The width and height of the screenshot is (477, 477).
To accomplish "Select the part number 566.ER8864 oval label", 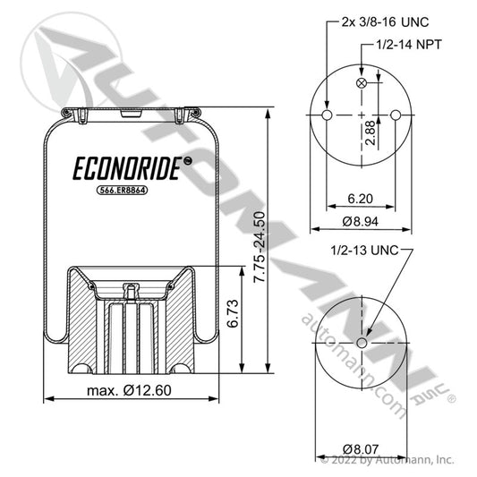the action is (123, 190).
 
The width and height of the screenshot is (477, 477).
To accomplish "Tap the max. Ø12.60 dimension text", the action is (129, 390).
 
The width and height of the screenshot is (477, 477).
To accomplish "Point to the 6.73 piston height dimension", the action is (233, 313).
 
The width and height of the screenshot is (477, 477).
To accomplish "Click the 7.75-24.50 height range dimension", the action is (260, 247).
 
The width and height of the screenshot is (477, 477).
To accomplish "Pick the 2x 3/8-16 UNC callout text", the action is (385, 21).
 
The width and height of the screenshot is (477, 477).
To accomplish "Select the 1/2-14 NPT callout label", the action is (409, 45).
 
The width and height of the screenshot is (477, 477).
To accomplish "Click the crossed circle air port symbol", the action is (362, 83).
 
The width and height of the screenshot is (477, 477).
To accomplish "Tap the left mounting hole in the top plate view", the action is (327, 115).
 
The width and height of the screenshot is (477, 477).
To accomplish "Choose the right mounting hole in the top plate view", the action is (396, 115).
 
